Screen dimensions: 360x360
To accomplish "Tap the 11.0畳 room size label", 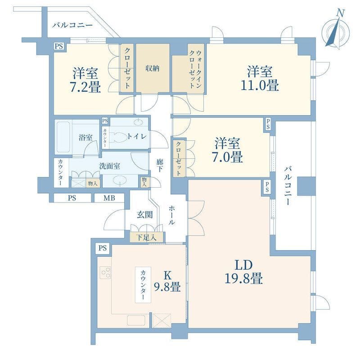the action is click(x=260, y=78).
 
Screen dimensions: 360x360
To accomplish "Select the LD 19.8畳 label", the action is click(x=243, y=272).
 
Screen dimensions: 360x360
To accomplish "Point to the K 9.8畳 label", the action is click(x=167, y=281).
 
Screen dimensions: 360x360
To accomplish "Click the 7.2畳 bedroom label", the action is click(x=85, y=80).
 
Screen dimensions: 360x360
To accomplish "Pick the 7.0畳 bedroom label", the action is click(x=227, y=150).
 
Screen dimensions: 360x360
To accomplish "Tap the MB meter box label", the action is click(x=109, y=198).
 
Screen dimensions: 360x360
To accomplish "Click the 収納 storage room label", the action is click(x=152, y=68).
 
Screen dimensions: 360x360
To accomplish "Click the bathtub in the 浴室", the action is click(x=63, y=137).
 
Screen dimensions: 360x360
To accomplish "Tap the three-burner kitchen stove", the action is click(x=106, y=273).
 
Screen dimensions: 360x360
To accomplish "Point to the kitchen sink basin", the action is click(x=136, y=320).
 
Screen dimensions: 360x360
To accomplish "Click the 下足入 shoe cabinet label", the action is click(x=146, y=238).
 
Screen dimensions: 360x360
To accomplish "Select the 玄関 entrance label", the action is click(x=144, y=215).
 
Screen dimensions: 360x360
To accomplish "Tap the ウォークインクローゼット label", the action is click(x=195, y=69).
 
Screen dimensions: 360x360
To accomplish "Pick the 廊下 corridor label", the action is click(x=160, y=165).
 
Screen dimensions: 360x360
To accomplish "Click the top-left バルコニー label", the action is click(x=72, y=25).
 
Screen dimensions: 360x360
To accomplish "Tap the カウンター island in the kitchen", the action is click(x=143, y=285).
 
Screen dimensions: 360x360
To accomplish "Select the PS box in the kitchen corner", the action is click(x=103, y=248).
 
